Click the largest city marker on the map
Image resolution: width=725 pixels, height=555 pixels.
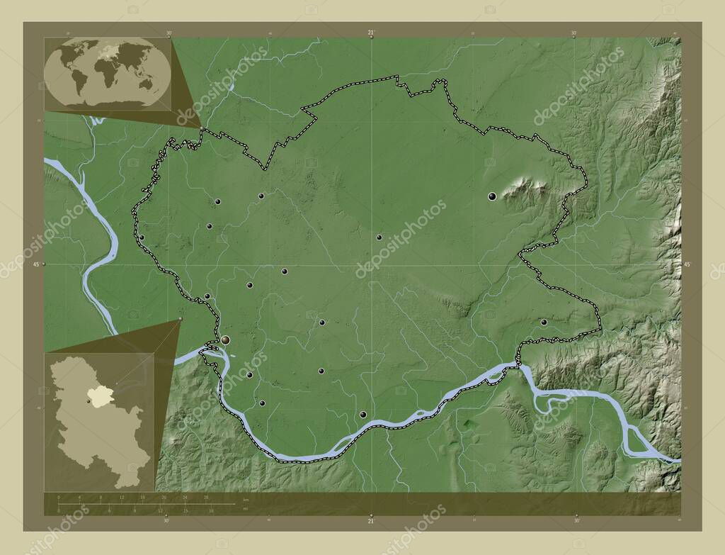[225, 341]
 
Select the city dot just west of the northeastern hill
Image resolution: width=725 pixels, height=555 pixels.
[491, 196]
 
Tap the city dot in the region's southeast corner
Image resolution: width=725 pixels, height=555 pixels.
[544, 323]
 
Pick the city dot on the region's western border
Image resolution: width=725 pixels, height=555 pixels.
[142, 237]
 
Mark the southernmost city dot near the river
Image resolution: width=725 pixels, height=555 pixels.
[363, 415]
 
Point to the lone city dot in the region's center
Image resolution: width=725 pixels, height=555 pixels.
[379, 237]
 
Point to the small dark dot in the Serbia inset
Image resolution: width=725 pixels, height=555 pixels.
[89, 402]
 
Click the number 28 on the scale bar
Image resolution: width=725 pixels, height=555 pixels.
[206, 498]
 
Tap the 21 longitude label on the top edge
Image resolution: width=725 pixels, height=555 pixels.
[371, 32]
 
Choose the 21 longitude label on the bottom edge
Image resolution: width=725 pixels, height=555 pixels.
[370, 522]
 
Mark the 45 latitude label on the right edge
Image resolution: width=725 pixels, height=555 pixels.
[686, 264]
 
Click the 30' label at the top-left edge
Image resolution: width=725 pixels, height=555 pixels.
[169, 32]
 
